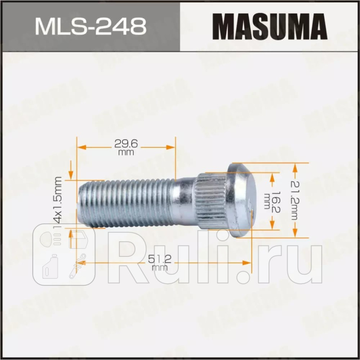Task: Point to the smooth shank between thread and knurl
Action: coord(184,202)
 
